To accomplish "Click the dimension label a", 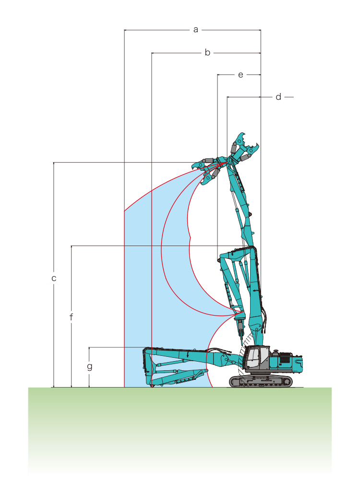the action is [x=196, y=30].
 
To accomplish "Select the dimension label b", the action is [x=207, y=52].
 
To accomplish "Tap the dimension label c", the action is [x=54, y=278].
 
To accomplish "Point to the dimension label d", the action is [x=278, y=96].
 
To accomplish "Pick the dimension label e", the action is [x=240, y=75].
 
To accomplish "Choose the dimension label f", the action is [x=71, y=317].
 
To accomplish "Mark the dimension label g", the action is [x=90, y=366].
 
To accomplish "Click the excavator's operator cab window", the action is [x=253, y=358].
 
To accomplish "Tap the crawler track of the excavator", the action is [x=260, y=381].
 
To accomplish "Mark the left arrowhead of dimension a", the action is [x=125, y=30].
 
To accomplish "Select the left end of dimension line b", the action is [x=152, y=53].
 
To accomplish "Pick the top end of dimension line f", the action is [x=71, y=246].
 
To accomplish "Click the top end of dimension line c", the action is [x=54, y=163].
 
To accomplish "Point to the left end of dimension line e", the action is [x=217, y=75].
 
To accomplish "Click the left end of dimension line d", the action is [x=228, y=97].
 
